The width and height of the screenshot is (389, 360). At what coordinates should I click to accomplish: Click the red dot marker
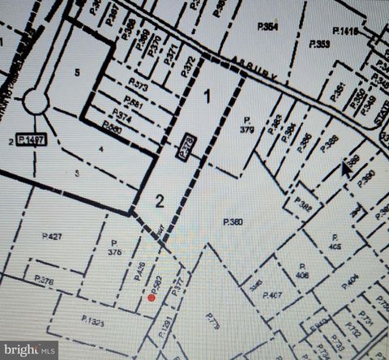point(151,298)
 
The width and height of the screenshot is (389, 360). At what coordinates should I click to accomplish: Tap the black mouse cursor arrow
point(346,168)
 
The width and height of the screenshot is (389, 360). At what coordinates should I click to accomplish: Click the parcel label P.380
point(233,221)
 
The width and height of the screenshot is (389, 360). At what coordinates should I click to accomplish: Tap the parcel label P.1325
point(93,321)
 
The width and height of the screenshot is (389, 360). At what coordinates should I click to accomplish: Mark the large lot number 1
point(207,96)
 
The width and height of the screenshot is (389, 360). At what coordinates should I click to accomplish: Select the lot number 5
point(77,71)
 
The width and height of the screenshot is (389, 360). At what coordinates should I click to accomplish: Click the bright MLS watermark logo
point(29,350)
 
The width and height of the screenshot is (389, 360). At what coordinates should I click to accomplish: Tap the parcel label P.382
point(303,206)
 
